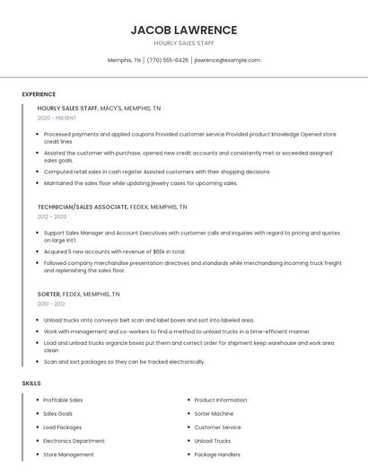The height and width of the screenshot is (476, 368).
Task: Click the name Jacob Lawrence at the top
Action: (184, 30)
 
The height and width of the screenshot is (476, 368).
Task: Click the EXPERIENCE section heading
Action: (39, 93)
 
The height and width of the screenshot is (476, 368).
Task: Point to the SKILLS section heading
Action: (31, 383)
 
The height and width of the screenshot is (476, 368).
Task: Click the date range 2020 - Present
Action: (57, 118)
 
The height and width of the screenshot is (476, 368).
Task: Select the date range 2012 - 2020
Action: (52, 216)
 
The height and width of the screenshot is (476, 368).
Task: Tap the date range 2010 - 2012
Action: (51, 304)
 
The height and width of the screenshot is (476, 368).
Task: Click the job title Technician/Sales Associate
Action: (80, 207)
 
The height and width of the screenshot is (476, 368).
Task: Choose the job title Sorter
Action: (48, 294)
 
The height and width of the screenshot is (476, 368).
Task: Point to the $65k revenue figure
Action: (160, 251)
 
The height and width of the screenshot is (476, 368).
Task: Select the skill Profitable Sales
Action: (63, 400)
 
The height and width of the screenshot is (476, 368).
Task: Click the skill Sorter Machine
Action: (215, 413)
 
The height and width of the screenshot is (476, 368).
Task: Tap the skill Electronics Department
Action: (74, 441)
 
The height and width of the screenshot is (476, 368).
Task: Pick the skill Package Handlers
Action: (217, 454)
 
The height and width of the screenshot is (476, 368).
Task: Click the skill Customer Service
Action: (217, 428)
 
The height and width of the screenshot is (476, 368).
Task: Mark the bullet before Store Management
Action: (36, 454)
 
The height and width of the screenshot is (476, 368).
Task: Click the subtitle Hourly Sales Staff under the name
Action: (184, 43)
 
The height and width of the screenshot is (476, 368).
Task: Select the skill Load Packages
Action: (62, 428)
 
